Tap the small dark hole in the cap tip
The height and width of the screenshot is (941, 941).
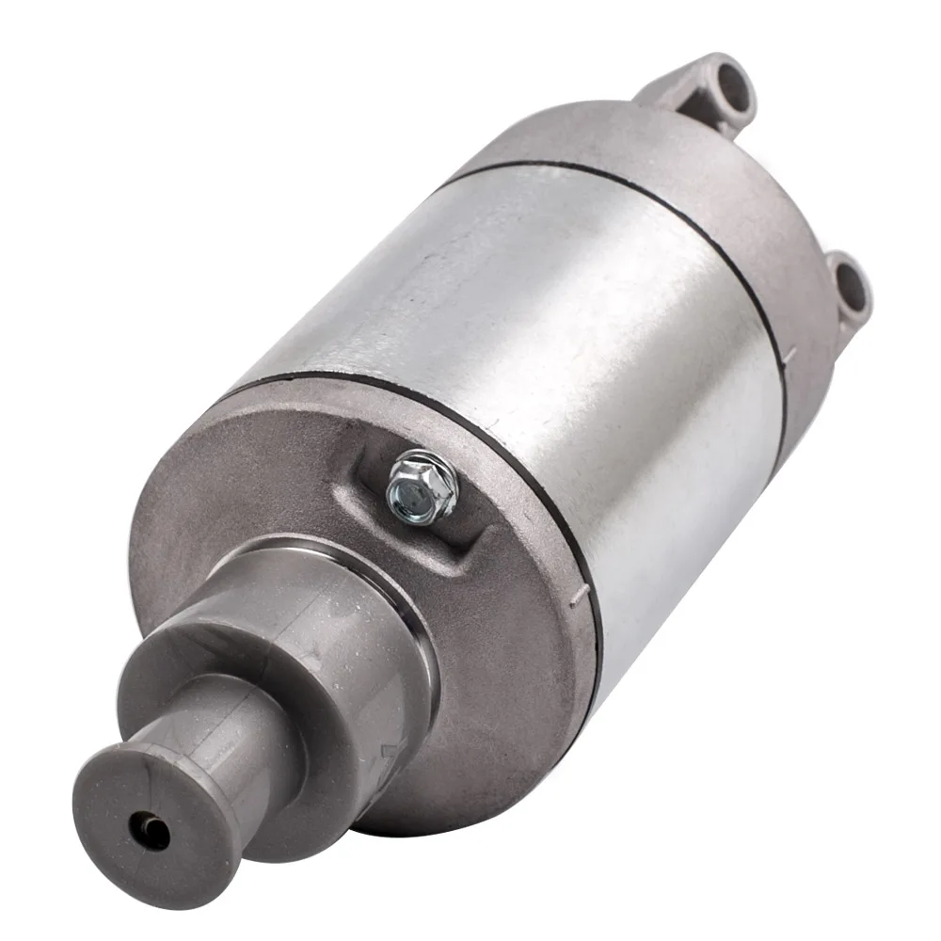coord(150,830)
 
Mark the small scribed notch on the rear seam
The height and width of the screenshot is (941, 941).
coord(789,356)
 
